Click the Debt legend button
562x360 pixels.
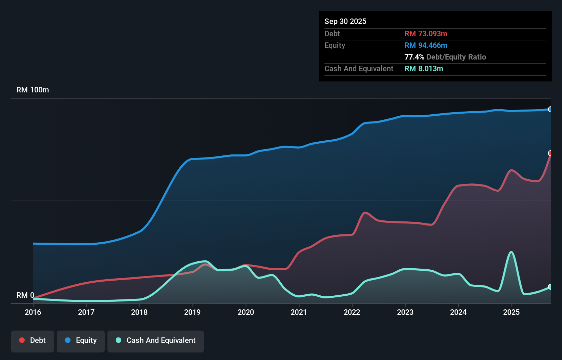click(x=33, y=340)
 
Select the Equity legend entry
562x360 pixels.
click(x=81, y=340)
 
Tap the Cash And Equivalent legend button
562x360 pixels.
click(x=156, y=340)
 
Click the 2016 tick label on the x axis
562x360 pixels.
click(x=33, y=312)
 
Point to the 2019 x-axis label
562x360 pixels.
click(x=192, y=312)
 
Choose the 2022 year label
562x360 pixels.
click(x=352, y=312)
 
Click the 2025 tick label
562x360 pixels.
click(x=511, y=312)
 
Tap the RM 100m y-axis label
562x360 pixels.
click(x=33, y=90)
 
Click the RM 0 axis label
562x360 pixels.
click(x=25, y=295)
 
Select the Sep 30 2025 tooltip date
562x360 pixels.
click(x=345, y=21)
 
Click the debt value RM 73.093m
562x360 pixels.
click(x=426, y=34)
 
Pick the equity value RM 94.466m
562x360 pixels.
click(x=426, y=45)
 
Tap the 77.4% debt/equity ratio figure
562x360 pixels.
click(x=414, y=57)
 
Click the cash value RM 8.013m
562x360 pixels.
click(x=424, y=68)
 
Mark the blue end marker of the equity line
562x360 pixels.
click(x=550, y=110)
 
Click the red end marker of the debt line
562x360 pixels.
click(x=550, y=153)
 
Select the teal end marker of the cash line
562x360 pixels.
click(x=550, y=287)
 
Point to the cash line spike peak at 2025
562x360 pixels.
click(x=511, y=252)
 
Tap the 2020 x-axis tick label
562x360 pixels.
click(x=246, y=312)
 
